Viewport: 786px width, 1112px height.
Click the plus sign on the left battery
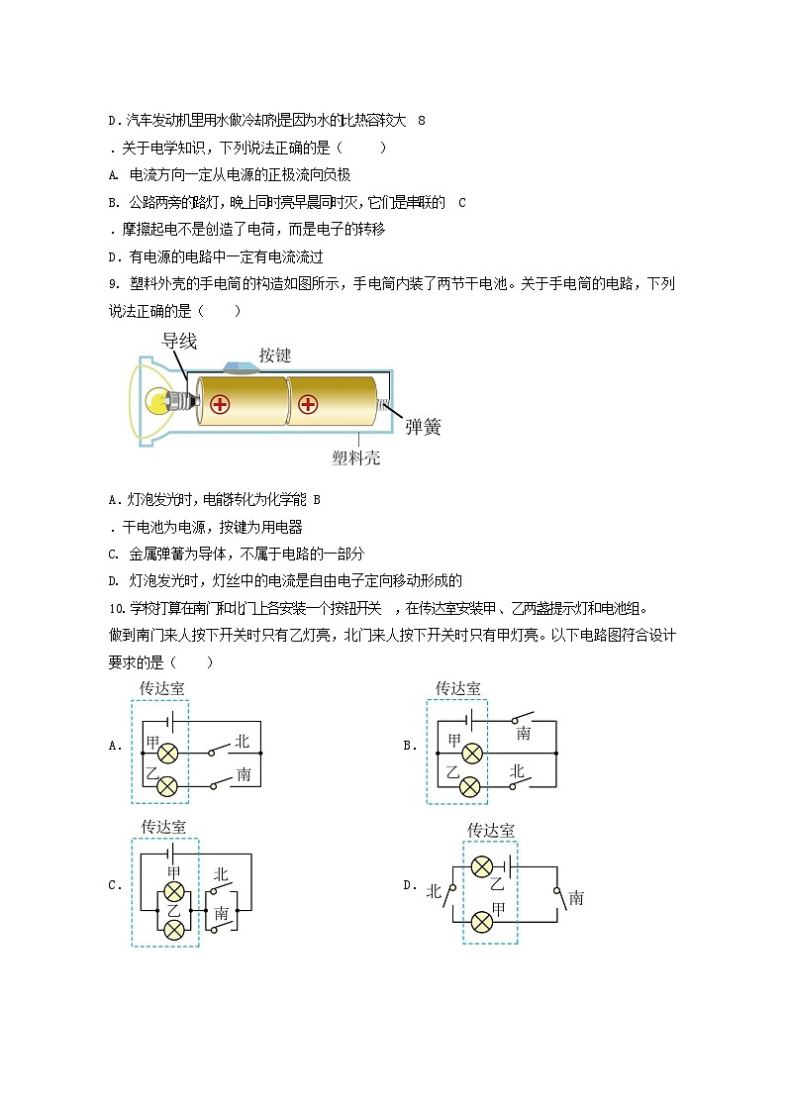point(220,404)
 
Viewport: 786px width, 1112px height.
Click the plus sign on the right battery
point(308,404)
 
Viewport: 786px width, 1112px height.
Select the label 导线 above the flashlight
point(179,342)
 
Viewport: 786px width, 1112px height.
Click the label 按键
point(275,354)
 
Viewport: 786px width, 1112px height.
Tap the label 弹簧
point(423,427)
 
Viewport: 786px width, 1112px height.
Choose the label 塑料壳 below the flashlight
point(355,457)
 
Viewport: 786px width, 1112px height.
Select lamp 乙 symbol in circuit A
point(168,786)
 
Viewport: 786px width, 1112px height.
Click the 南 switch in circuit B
point(523,719)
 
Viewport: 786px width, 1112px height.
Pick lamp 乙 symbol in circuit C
point(174,928)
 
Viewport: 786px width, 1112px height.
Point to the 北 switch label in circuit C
point(221,875)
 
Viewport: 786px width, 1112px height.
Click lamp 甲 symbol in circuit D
point(482,922)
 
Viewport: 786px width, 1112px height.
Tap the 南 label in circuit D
point(576,898)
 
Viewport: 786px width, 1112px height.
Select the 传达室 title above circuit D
point(490,830)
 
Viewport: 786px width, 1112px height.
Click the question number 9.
point(113,284)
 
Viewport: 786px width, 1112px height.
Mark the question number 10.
point(116,609)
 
